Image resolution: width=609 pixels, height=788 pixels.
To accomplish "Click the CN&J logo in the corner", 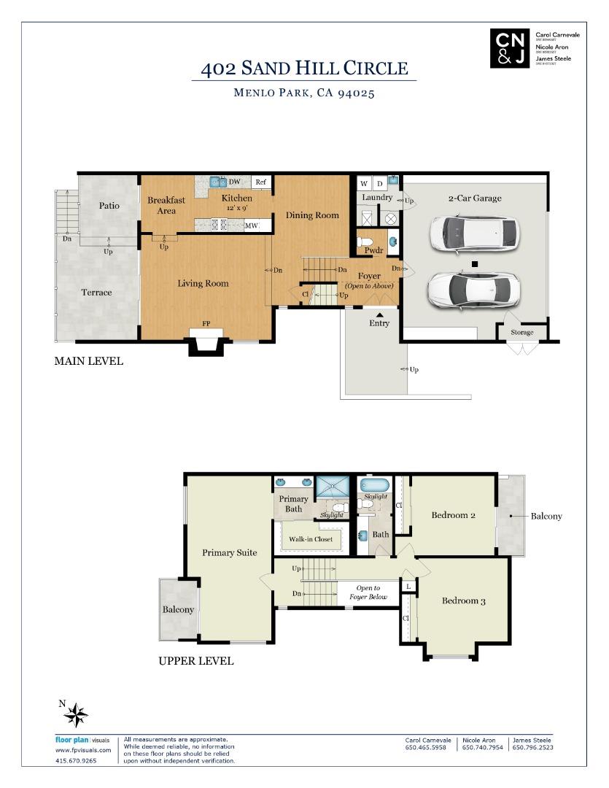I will (x=509, y=49).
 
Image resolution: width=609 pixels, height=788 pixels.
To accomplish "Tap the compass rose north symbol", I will (x=75, y=714).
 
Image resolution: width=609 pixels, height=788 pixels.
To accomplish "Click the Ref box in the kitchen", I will (x=260, y=182).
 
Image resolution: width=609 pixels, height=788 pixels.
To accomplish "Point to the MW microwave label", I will (x=252, y=225).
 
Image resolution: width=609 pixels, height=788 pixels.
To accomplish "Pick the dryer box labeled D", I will (x=379, y=183).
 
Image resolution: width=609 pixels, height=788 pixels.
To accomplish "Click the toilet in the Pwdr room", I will (x=367, y=242).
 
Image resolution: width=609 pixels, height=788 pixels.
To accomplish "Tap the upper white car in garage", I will (x=474, y=233).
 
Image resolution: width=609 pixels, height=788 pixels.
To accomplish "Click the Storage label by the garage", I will (x=521, y=333).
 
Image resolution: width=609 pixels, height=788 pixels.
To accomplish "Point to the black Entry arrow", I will (x=379, y=314).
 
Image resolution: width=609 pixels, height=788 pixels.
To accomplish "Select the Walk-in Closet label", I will (x=310, y=539).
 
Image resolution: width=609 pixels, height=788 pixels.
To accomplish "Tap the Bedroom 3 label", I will (x=463, y=601).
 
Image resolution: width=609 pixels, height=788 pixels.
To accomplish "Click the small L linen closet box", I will (x=408, y=587).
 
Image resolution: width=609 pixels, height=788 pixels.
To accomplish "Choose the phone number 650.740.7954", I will (x=482, y=747).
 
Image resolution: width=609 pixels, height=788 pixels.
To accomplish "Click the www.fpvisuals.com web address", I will (x=83, y=750).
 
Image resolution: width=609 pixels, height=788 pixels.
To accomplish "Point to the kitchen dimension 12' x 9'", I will (x=237, y=208).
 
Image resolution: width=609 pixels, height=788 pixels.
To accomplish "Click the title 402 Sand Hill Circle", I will (x=304, y=69).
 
